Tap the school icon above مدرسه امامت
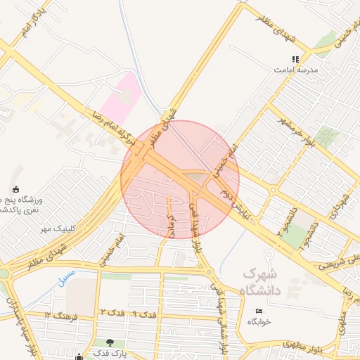pos(296,60)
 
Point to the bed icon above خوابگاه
pos(259,311)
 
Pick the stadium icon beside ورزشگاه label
pos(15,188)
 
